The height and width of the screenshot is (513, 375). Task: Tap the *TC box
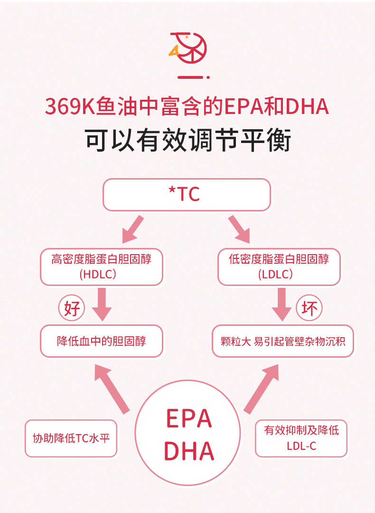187,194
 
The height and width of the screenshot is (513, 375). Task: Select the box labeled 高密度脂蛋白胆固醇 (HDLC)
101,266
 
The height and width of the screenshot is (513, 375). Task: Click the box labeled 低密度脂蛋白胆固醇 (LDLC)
279,266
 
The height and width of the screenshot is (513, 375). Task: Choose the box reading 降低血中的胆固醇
101,341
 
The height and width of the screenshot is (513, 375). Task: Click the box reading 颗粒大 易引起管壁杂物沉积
283,341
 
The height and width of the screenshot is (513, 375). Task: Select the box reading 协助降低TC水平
71,438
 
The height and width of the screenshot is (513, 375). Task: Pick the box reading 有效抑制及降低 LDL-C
301,438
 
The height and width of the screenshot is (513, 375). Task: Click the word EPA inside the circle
188,418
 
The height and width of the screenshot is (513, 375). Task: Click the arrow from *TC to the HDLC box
132,229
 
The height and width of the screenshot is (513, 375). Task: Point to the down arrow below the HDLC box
101,304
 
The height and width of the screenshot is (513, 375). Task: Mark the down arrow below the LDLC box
281,304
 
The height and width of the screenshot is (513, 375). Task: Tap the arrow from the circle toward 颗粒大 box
262,388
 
